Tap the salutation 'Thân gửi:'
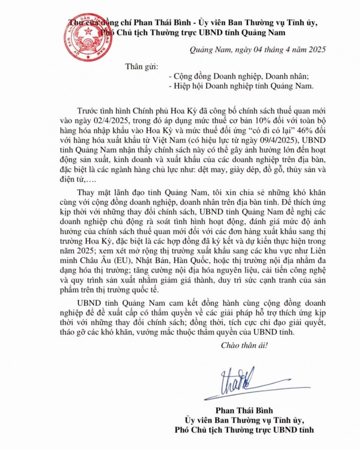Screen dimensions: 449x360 (x=142, y=66)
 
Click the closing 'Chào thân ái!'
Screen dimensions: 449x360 (x=244, y=345)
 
